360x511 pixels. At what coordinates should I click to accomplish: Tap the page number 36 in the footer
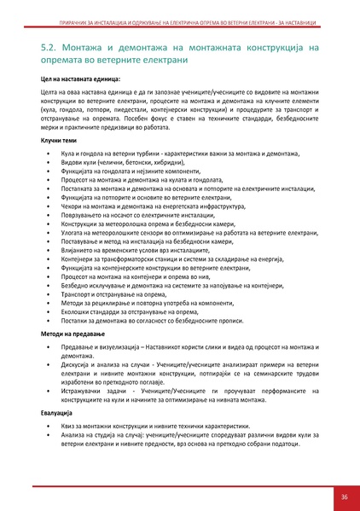[343, 497]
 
